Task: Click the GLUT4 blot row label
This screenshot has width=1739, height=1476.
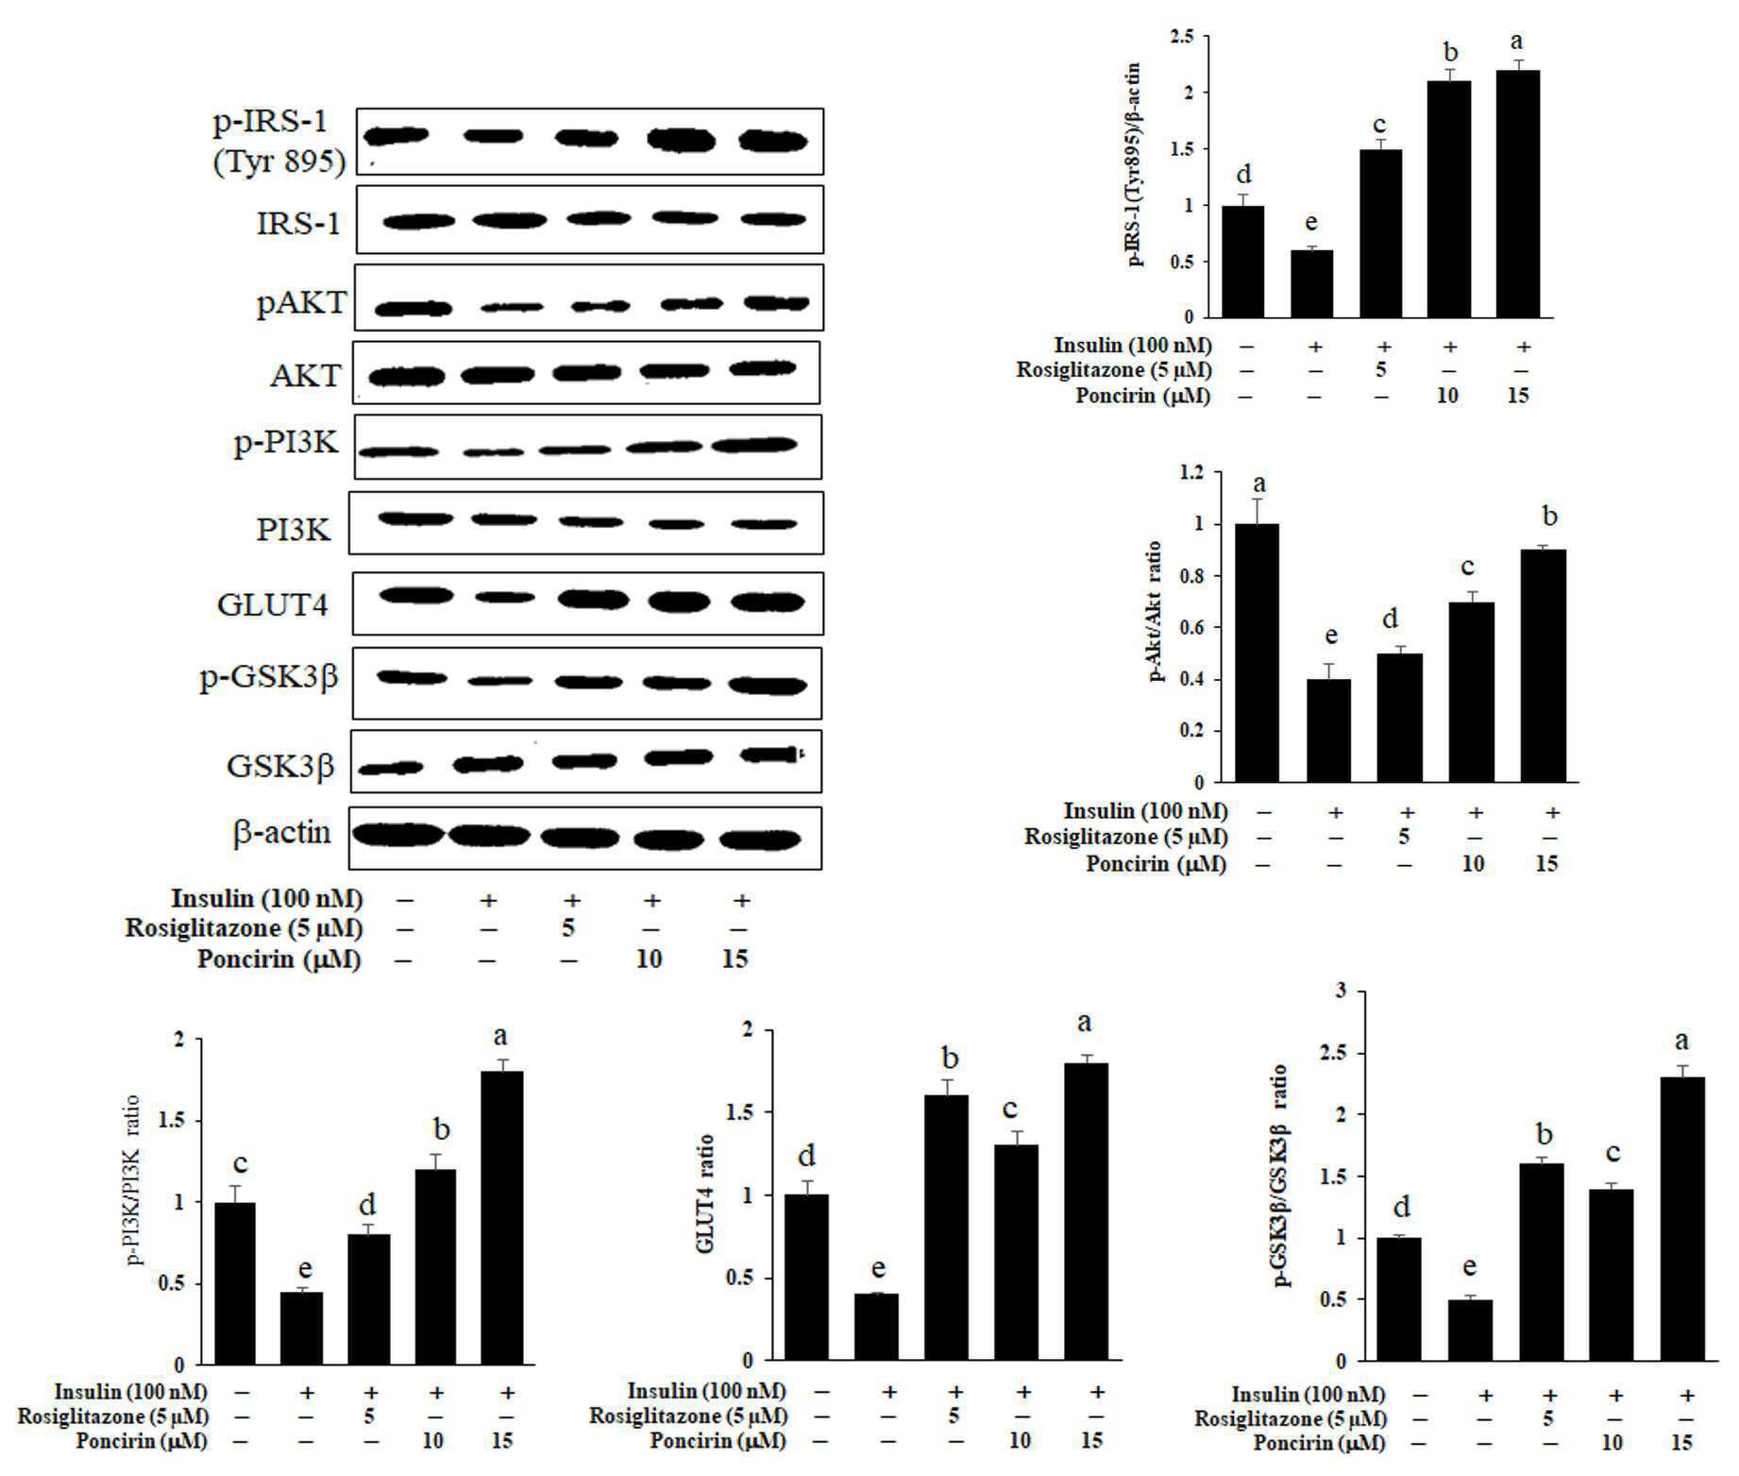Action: pos(272,603)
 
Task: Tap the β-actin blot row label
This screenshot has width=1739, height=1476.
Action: pos(281,832)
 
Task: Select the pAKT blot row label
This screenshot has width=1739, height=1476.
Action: pos(300,304)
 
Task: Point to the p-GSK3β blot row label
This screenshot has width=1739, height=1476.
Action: pos(268,679)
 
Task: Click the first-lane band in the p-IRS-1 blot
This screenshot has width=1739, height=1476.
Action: pos(397,136)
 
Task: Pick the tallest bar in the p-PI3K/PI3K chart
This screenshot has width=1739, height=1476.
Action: pos(502,1218)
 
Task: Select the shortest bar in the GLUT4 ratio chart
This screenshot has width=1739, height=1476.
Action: pos(876,1327)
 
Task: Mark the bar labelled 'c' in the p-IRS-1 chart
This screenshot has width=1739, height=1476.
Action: pos(1380,233)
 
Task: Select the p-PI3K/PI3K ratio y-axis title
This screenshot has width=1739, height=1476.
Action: pos(131,1179)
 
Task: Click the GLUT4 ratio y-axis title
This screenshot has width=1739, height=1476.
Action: pos(705,1194)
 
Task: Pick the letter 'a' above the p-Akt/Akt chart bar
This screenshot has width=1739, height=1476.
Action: pos(1258,486)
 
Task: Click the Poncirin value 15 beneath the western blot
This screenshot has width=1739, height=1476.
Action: pos(734,959)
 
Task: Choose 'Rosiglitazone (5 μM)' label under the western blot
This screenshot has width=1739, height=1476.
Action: pos(244,928)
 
